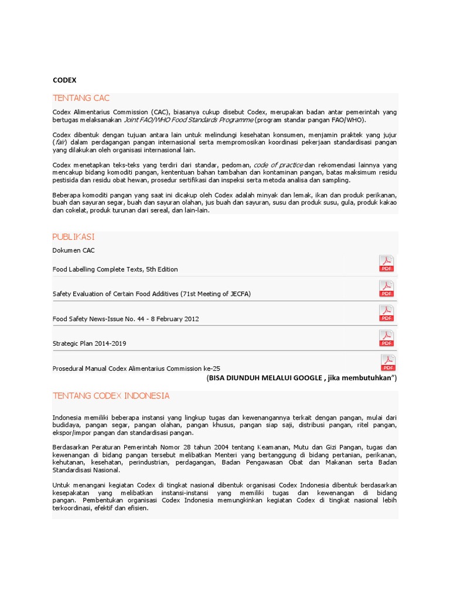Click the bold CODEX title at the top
click(x=64, y=80)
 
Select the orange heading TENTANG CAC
click(x=81, y=98)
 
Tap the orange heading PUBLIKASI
click(x=73, y=237)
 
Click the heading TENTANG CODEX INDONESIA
click(x=111, y=396)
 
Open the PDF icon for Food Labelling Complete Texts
click(x=386, y=264)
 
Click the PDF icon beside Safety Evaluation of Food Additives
click(x=386, y=288)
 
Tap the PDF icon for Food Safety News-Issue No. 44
click(x=386, y=313)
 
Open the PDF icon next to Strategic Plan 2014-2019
click(x=386, y=338)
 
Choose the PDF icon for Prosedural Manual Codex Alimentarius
click(x=388, y=363)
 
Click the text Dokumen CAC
click(x=73, y=250)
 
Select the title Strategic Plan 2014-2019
click(x=89, y=343)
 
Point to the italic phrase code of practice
click(x=278, y=165)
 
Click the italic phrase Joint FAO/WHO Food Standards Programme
click(x=189, y=120)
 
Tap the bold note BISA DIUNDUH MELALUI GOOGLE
click(x=275, y=378)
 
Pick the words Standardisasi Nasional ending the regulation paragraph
click(x=86, y=470)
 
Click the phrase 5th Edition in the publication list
click(x=159, y=269)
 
